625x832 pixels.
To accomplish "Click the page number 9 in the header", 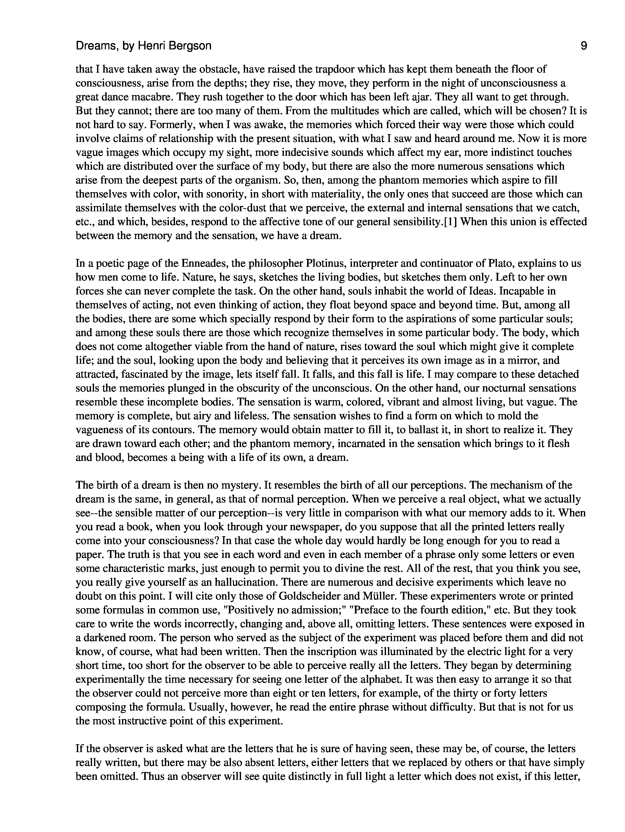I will point(583,46).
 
